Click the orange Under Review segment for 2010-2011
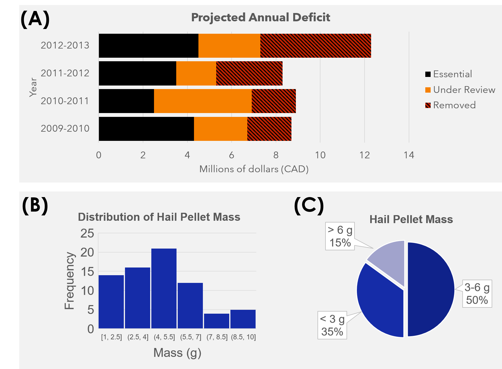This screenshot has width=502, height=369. click(203, 101)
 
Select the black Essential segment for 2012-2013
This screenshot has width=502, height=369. click(148, 46)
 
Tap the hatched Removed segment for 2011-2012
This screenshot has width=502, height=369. click(249, 73)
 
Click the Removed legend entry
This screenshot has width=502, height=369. click(450, 105)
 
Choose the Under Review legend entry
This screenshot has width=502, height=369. click(460, 90)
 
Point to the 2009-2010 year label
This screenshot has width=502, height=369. click(65, 129)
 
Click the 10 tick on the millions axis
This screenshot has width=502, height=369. click(320, 155)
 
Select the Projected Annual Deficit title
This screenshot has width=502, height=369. click(261, 17)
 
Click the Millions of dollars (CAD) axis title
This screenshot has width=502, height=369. click(254, 169)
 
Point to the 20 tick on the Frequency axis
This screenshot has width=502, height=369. click(87, 252)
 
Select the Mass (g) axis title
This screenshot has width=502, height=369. click(177, 353)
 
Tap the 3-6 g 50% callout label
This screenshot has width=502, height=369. click(477, 294)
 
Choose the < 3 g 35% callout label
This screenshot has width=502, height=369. click(332, 325)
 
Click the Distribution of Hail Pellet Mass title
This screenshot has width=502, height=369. click(159, 217)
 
